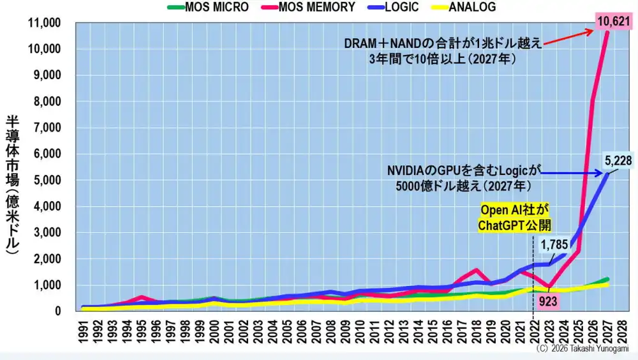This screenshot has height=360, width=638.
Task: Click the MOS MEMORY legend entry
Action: tap(308, 7)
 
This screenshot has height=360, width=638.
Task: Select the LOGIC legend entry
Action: tap(392, 7)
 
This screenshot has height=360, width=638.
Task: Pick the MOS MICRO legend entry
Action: tap(208, 7)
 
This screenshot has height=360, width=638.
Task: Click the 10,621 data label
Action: tap(614, 21)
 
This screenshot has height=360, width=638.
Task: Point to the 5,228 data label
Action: tap(618, 160)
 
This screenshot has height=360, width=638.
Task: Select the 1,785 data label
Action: tap(554, 244)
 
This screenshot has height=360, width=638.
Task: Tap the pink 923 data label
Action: tap(548, 301)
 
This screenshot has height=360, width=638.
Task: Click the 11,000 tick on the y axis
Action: tap(45, 23)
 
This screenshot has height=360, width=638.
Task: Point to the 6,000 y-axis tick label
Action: tap(47, 154)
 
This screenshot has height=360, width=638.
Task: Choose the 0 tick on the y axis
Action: tap(58, 311)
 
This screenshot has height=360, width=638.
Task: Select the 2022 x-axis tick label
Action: tap(533, 332)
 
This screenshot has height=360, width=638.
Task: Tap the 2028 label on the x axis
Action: tap(621, 332)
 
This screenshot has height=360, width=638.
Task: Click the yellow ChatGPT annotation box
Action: tap(514, 218)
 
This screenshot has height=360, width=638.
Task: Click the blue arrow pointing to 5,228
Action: tap(572, 174)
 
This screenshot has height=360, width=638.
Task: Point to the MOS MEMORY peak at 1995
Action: tap(141, 297)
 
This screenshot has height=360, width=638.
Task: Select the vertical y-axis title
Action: tap(13, 185)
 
